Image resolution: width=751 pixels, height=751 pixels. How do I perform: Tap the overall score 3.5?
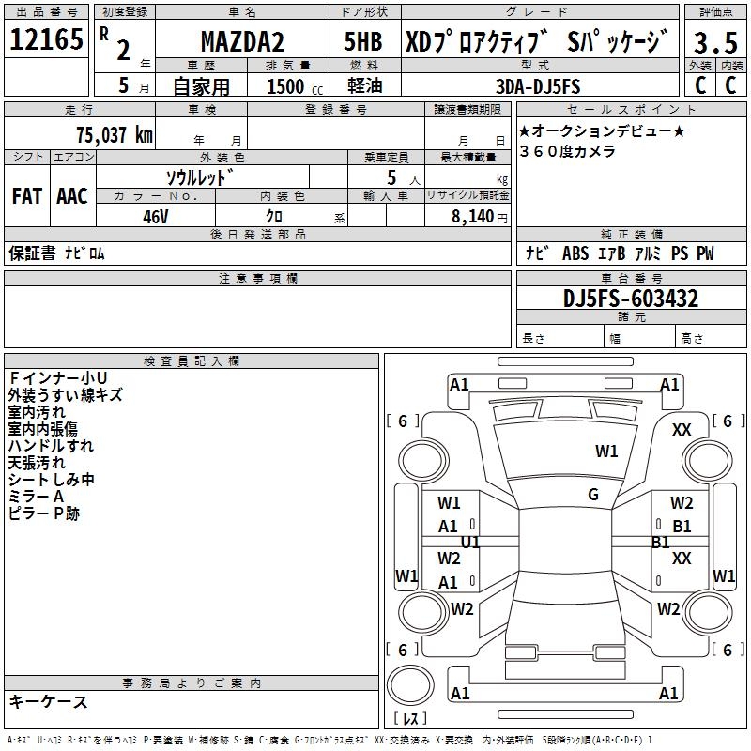[716, 42]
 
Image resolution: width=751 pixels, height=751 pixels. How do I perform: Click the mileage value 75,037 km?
[114, 135]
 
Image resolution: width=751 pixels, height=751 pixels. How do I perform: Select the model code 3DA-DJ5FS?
[538, 86]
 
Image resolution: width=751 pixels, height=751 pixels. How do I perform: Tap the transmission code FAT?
[27, 196]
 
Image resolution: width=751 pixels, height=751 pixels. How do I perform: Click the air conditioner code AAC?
[71, 196]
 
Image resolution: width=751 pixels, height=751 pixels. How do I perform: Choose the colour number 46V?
[155, 216]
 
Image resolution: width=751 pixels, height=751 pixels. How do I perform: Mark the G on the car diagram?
[593, 495]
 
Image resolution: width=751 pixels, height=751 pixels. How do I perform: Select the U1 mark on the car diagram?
[471, 543]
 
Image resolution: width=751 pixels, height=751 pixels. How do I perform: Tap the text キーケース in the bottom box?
[48, 701]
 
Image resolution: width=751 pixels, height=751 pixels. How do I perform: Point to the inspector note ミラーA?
[36, 497]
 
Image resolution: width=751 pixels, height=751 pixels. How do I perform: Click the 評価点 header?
[716, 12]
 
